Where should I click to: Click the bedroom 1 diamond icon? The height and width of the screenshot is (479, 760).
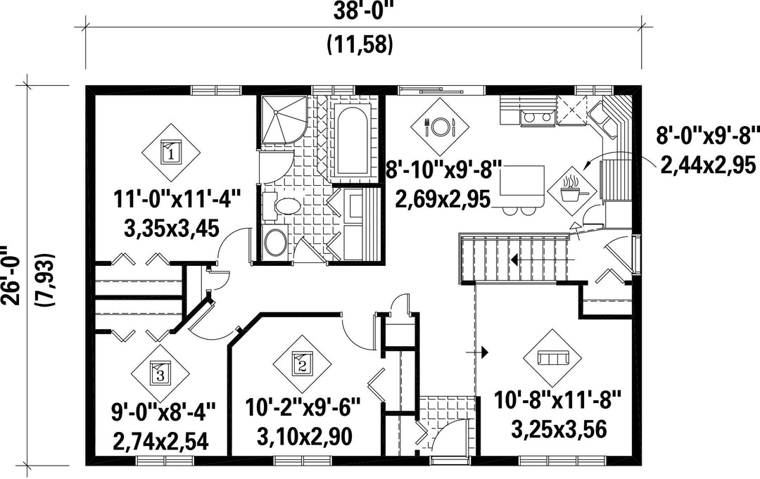click(x=170, y=153)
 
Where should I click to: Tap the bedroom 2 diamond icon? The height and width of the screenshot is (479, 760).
click(x=302, y=364)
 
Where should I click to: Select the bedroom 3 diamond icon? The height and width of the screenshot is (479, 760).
click(x=160, y=373)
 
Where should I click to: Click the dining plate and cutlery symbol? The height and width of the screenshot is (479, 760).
click(x=440, y=127)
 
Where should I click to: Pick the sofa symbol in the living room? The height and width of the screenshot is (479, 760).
click(x=552, y=359)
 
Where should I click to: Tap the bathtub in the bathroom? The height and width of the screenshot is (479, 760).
click(x=353, y=140)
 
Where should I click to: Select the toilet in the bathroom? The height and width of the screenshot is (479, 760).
click(x=281, y=207)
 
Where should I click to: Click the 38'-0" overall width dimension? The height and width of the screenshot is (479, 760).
click(x=362, y=12)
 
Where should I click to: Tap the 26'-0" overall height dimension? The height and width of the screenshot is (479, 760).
click(x=11, y=274)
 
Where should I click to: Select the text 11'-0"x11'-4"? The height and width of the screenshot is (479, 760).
click(x=177, y=198)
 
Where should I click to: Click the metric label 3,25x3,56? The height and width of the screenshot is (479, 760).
click(x=559, y=429)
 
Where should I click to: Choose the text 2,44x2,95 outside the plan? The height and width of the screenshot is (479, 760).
click(x=708, y=165)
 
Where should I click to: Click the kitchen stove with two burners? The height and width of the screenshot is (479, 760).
click(x=537, y=117)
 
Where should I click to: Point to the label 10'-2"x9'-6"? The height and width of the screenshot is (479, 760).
click(x=303, y=407)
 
